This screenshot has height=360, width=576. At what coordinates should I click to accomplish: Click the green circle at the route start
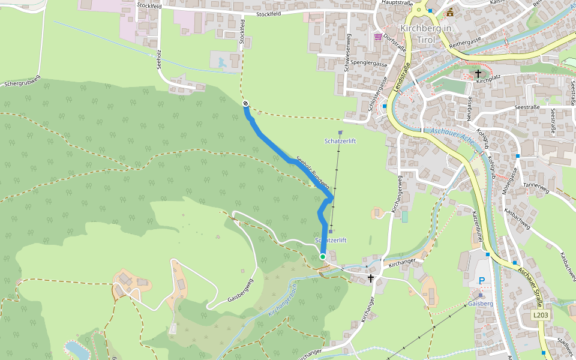[323, 257]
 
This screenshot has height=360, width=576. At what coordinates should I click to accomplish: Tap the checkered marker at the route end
[246, 104]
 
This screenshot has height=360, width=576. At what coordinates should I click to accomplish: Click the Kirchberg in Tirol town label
[425, 34]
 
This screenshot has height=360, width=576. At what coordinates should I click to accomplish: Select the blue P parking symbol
[481, 281]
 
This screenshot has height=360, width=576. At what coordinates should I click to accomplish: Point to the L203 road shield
[541, 315]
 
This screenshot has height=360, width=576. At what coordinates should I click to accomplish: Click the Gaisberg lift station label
[480, 304]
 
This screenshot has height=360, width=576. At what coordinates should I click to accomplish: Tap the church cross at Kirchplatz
[478, 74]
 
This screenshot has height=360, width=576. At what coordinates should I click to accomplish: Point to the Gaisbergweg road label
[241, 291]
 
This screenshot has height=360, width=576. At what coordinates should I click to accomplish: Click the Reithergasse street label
[464, 41]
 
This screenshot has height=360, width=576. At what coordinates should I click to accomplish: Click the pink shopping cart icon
[377, 37]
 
